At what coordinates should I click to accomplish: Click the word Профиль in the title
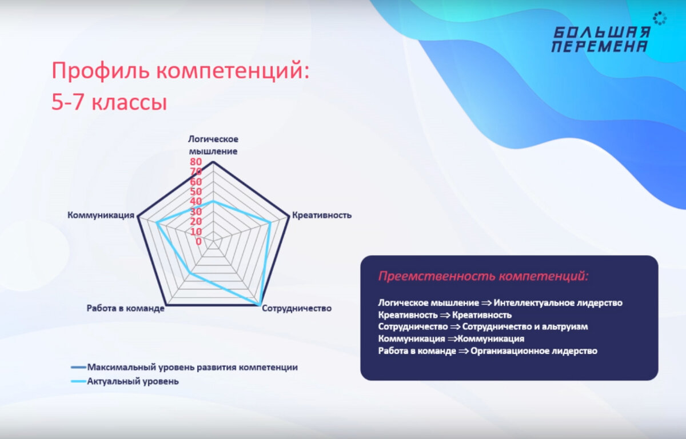pyautogui.click(x=101, y=72)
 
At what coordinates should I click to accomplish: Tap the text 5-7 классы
pyautogui.click(x=109, y=103)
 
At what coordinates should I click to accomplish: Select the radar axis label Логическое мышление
pyautogui.click(x=213, y=145)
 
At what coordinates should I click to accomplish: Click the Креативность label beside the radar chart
pyautogui.click(x=321, y=215)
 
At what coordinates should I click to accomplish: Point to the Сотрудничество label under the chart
pyautogui.click(x=297, y=308)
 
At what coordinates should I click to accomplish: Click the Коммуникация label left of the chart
pyautogui.click(x=101, y=215)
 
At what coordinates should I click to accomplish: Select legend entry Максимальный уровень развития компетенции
pyautogui.click(x=192, y=367)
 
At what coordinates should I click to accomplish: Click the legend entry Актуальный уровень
pyautogui.click(x=133, y=381)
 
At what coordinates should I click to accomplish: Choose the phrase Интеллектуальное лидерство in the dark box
pyautogui.click(x=558, y=303)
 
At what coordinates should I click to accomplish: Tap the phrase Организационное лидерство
pyautogui.click(x=534, y=351)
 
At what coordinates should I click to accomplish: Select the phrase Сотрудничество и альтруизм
pyautogui.click(x=525, y=327)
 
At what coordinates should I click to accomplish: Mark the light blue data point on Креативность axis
pyautogui.click(x=269, y=224)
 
